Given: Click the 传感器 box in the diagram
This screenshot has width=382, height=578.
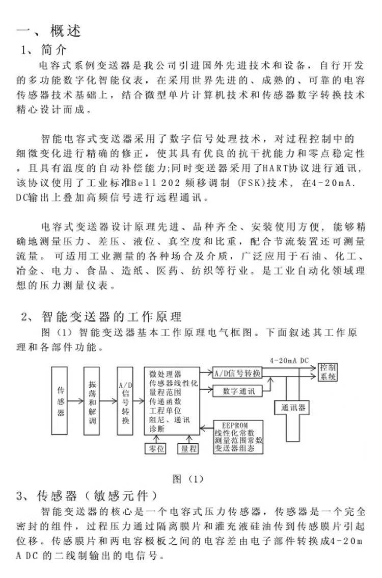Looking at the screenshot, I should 60,401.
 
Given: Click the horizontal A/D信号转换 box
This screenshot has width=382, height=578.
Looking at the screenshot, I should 236,373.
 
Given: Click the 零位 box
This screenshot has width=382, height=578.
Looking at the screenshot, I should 156,448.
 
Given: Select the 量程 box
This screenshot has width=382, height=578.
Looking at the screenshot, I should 187,448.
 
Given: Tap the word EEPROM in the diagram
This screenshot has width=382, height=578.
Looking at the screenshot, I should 238,424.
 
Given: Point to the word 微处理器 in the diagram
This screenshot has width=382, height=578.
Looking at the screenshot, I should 165,374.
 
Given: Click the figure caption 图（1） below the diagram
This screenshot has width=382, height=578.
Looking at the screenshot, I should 188,479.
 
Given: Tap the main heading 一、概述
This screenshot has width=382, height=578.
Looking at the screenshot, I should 49,32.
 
